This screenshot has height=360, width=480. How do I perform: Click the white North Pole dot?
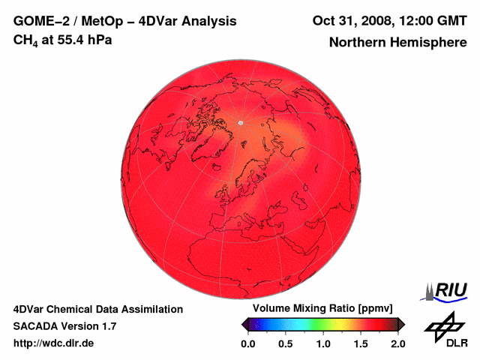coord(240,123)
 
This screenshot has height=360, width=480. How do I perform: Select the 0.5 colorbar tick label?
coord(285,343)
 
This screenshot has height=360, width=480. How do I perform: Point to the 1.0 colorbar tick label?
coord(322,343)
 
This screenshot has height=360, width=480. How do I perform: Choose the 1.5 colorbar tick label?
coord(360,343)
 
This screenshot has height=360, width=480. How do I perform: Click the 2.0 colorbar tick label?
coord(397,343)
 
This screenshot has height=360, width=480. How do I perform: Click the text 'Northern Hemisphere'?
coord(397,43)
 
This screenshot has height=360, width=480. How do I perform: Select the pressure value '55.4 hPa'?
coord(82,40)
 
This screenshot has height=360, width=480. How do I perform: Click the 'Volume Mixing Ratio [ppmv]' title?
coord(317,309)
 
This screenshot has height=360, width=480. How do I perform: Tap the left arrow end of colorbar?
coord(244,324)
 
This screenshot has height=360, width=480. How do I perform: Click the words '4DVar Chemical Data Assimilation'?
coord(97,309)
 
